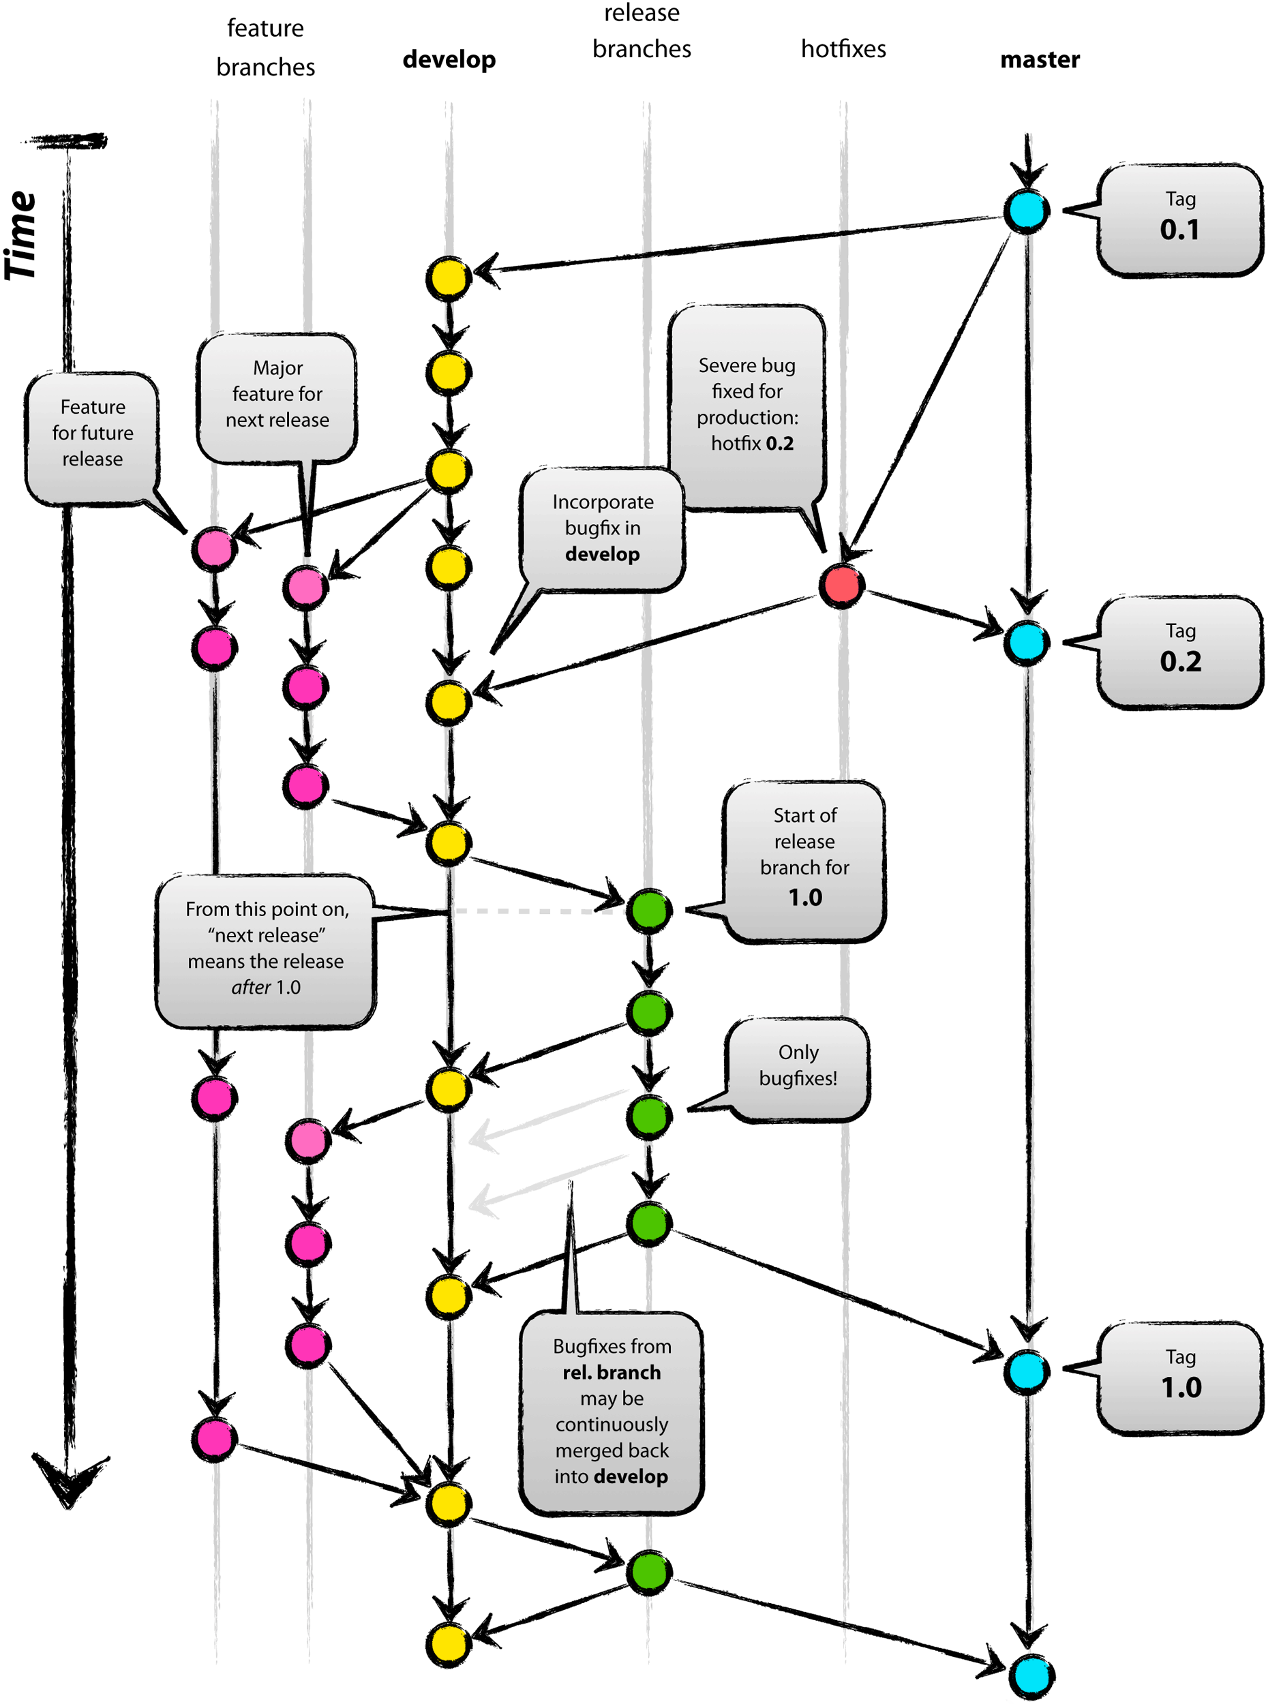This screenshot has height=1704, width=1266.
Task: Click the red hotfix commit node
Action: pyautogui.click(x=841, y=586)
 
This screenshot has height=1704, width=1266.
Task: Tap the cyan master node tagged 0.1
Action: pyautogui.click(x=1026, y=211)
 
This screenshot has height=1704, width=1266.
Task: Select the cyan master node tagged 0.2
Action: pyautogui.click(x=1026, y=643)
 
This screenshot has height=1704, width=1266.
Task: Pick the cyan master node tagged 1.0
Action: pyautogui.click(x=1026, y=1371)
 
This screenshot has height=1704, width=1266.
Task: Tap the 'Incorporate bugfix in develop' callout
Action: pyautogui.click(x=603, y=529)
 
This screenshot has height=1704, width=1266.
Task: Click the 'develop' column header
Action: pyautogui.click(x=449, y=59)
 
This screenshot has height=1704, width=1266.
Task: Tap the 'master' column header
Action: pyautogui.click(x=1040, y=59)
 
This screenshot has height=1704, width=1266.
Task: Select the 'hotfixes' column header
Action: pyautogui.click(x=843, y=49)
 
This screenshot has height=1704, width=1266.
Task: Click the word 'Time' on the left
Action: pyautogui.click(x=21, y=236)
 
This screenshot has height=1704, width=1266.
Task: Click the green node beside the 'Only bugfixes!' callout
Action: pyautogui.click(x=649, y=1116)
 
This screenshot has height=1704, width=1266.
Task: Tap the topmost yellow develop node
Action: pyautogui.click(x=449, y=278)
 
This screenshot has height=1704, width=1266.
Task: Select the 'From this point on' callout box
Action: pyautogui.click(x=265, y=950)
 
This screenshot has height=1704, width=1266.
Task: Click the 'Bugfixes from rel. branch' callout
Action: pyautogui.click(x=611, y=1412)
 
